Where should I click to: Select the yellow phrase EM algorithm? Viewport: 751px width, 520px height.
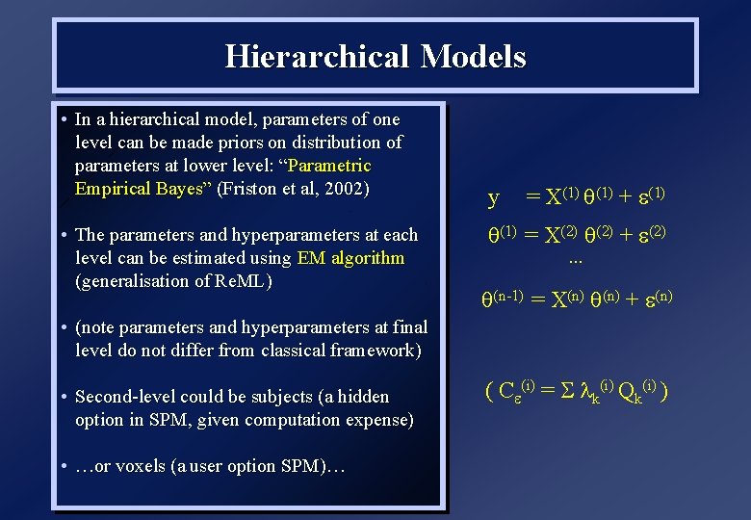tap(351, 258)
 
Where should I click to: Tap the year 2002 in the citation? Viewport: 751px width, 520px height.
tap(344, 189)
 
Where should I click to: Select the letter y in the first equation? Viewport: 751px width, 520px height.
tap(494, 198)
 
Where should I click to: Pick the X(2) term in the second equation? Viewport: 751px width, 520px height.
tap(561, 235)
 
